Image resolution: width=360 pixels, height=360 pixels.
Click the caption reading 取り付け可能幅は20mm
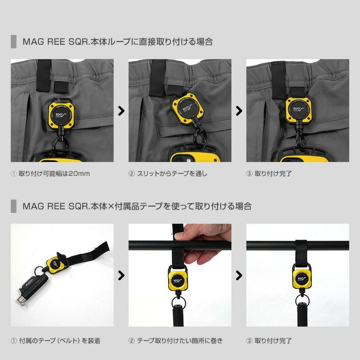pyautogui.click(x=54, y=174)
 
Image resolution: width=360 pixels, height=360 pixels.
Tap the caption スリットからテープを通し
pyautogui.click(x=172, y=174)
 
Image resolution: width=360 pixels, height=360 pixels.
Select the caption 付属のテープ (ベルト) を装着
pyautogui.click(x=60, y=340)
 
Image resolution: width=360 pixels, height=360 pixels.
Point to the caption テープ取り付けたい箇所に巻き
pyautogui.click(x=180, y=340)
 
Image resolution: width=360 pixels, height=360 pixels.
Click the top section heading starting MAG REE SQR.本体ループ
pyautogui.click(x=118, y=42)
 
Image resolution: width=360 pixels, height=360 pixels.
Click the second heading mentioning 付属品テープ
pyautogui.click(x=137, y=206)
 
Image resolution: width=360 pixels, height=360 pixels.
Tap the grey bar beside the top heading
pyautogui.click(x=13, y=42)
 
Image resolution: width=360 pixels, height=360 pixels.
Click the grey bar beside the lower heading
pyautogui.click(x=13, y=206)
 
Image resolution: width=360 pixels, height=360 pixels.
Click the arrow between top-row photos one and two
pyautogui.click(x=121, y=111)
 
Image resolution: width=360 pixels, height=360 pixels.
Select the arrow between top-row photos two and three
pyautogui.click(x=239, y=111)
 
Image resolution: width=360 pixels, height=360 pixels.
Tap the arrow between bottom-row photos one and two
pyautogui.click(x=121, y=275)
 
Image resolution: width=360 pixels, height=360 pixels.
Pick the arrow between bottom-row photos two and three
pyautogui.click(x=239, y=275)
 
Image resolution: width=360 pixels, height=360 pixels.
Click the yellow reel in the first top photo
pyautogui.click(x=61, y=114)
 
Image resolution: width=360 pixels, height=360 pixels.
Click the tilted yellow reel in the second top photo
pyautogui.click(x=188, y=109)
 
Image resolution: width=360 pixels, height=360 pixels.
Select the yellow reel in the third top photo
pyautogui.click(x=299, y=110)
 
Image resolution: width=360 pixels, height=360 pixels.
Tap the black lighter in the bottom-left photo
pyautogui.click(x=33, y=289)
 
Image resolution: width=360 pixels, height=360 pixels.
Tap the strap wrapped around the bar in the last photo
pyautogui.click(x=301, y=252)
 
